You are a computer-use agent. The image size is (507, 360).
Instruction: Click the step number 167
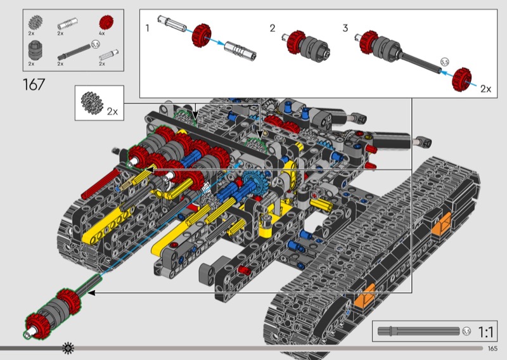pos(34,84)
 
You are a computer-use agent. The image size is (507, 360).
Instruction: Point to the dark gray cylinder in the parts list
pos(34,49)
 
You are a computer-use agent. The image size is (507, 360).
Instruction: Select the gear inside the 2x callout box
pos(93,101)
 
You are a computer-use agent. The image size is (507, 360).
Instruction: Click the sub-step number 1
pos(148,29)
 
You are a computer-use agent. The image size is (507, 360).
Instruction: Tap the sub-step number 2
pos(273,29)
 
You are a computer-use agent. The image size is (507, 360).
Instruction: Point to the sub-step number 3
pos(345,29)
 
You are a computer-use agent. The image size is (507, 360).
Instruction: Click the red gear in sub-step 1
pos(202,35)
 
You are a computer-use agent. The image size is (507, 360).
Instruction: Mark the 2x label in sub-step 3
pos(485,89)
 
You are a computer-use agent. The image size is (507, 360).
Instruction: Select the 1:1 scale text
pos(486,331)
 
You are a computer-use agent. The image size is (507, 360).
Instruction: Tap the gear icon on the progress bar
pos(68,348)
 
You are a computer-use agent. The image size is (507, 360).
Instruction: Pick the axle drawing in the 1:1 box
pos(418,331)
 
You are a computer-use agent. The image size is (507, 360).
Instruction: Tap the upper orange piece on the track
pos(442,222)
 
